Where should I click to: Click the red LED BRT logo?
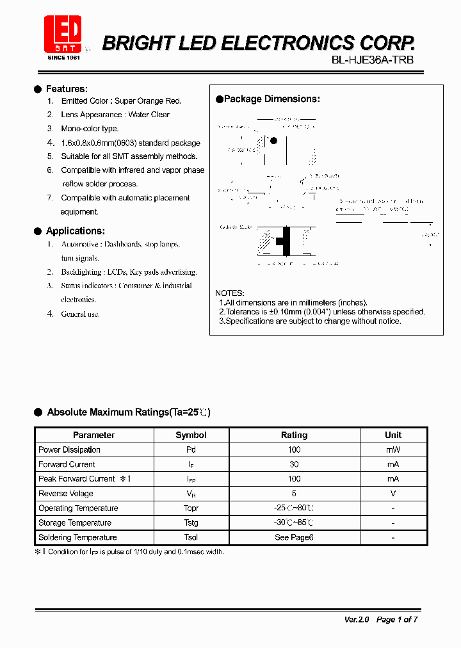point(63,34)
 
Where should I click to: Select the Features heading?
point(67,89)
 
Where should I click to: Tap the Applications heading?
point(75,231)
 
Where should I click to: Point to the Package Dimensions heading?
point(271,99)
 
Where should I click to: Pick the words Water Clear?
point(149,115)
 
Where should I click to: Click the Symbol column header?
point(191,435)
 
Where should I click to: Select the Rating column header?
point(294,435)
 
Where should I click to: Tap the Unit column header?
point(392,435)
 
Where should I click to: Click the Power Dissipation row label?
point(69,450)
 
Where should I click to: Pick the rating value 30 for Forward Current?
point(294,464)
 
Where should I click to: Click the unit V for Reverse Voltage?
point(392,494)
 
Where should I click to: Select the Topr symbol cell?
point(191,508)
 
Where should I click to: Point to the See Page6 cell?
point(294,537)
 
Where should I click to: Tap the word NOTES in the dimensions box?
point(229,293)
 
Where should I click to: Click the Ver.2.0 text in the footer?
point(357,619)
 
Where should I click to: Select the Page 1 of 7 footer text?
point(397,619)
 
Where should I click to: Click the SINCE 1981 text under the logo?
point(63,57)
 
